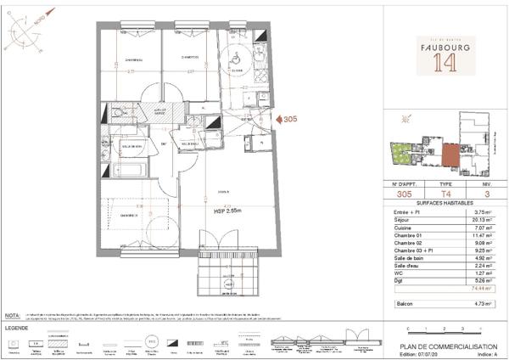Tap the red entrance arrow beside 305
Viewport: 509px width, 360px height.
click(x=277, y=121)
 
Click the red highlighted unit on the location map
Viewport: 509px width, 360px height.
click(x=450, y=156)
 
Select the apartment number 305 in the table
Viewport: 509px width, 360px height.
click(x=403, y=193)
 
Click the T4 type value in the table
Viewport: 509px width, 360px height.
click(x=445, y=193)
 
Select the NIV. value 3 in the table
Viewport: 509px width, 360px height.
click(x=486, y=193)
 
